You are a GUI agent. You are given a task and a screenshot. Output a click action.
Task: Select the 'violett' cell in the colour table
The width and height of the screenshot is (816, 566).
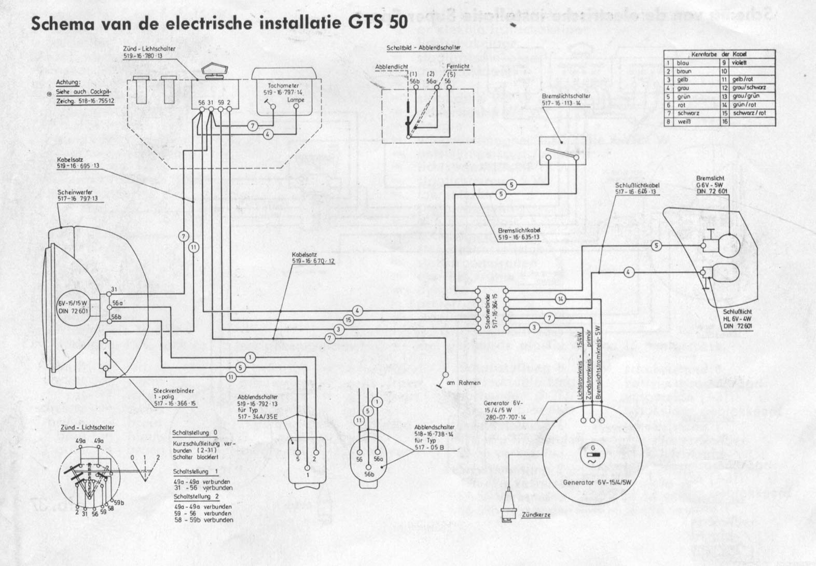739,63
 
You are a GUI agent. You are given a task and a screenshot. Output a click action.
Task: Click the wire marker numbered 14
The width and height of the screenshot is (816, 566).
560,299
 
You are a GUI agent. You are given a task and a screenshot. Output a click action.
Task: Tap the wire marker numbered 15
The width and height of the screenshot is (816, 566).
348,320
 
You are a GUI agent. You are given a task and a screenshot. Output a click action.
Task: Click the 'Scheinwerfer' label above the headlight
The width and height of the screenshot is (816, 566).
75,192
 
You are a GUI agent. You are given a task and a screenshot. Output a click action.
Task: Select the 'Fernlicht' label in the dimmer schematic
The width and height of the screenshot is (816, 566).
458,66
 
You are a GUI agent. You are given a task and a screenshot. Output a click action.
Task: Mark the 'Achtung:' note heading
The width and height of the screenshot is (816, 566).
68,82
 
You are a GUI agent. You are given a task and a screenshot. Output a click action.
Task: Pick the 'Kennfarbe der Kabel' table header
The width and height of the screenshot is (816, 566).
718,54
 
